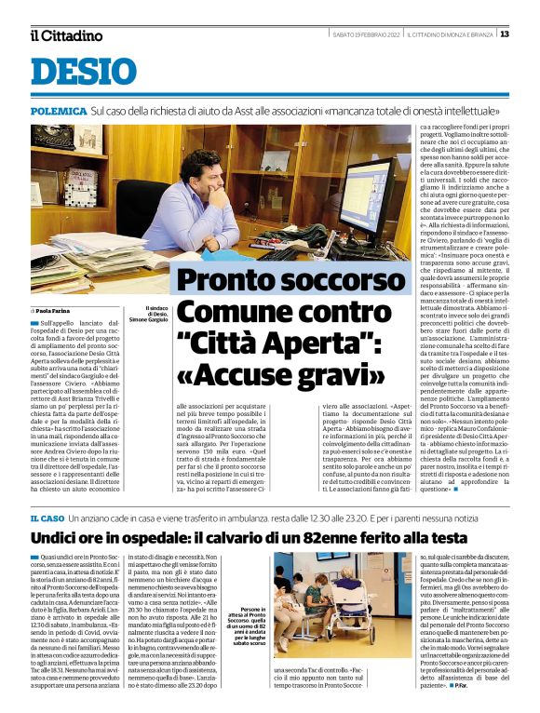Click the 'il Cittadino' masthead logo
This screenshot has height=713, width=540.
(x=66, y=35)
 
